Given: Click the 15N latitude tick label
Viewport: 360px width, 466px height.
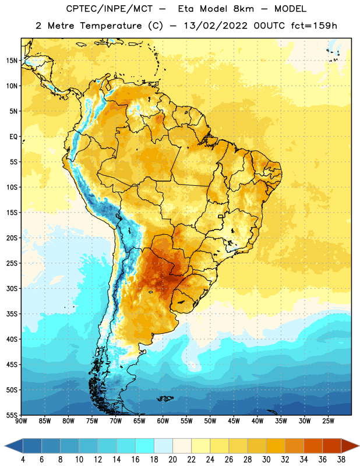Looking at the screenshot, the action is tap(11, 61).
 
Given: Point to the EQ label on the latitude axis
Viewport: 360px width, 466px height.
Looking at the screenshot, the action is tap(13, 137).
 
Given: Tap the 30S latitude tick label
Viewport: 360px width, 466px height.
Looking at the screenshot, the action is tap(11, 288).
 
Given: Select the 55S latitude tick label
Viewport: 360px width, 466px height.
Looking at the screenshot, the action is tap(11, 415).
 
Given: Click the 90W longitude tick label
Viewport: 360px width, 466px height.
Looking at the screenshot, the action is tap(21, 421).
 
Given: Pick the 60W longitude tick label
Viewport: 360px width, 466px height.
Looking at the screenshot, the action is tap(163, 421).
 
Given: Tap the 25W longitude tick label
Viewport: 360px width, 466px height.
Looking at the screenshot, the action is tap(328, 421).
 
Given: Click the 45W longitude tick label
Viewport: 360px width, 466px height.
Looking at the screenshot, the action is tap(234, 421).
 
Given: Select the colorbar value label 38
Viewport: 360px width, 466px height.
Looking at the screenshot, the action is tap(341, 460).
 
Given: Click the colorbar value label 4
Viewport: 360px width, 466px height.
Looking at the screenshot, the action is tap(23, 460).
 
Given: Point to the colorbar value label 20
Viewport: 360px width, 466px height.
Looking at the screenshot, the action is tap(172, 460).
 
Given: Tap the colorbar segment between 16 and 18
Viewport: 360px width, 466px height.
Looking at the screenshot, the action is tap(145, 446).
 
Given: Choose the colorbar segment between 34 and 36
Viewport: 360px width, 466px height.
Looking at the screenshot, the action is tap(313, 446).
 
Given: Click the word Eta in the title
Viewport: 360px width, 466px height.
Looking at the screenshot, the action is tap(185, 9).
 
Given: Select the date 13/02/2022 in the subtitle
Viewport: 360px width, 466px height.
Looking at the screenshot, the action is tap(216, 26).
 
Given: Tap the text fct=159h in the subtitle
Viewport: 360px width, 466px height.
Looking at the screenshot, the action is tap(314, 26).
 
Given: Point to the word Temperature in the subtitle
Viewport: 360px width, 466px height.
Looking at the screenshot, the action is tap(111, 26).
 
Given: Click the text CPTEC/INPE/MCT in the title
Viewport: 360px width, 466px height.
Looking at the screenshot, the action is tap(109, 9).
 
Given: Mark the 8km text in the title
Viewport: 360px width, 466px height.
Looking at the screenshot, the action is tap(243, 9).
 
